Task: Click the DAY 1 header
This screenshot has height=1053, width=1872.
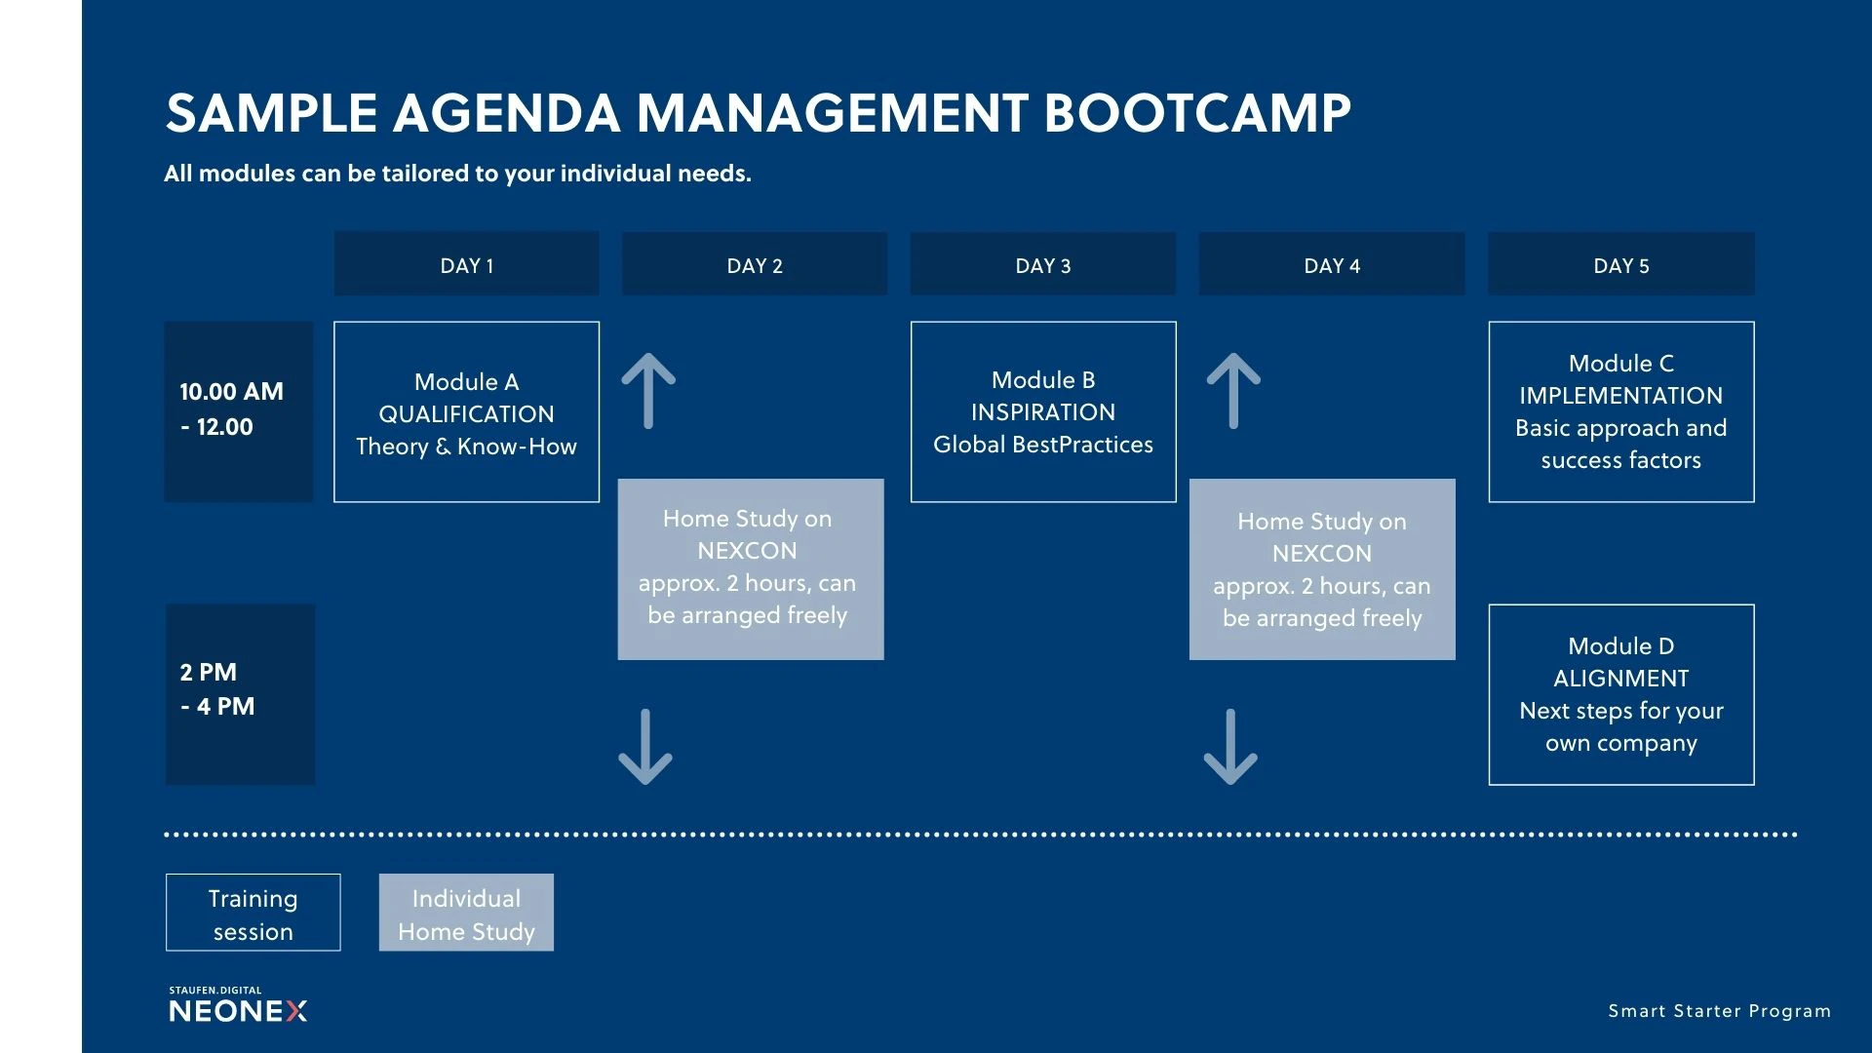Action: coord(466,263)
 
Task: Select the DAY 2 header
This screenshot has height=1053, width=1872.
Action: coord(755,263)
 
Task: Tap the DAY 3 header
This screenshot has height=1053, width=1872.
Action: coord(1043,263)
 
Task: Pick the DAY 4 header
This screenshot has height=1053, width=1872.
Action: coord(1332,263)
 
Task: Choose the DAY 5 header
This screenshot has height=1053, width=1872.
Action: coord(1621,263)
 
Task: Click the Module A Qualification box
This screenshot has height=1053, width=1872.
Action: coord(466,412)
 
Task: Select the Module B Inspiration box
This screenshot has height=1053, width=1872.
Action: coord(1043,412)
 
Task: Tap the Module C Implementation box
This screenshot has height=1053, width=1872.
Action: coord(1621,412)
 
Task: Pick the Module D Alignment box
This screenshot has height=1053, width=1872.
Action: coord(1621,695)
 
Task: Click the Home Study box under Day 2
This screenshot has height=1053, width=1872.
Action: coord(751,569)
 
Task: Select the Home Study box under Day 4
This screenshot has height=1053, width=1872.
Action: coord(1322,569)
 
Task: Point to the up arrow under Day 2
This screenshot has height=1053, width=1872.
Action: coord(648,391)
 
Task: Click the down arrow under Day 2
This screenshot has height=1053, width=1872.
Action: coord(645,747)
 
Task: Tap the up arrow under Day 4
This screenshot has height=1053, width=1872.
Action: coord(1233,391)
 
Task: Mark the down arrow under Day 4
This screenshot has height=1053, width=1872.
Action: coord(1230,747)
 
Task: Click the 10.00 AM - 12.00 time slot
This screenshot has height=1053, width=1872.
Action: coord(239,412)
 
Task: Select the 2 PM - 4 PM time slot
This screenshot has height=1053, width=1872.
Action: coord(240,695)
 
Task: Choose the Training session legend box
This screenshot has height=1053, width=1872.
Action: coord(253,913)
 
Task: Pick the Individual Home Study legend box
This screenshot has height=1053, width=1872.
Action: coord(466,913)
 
